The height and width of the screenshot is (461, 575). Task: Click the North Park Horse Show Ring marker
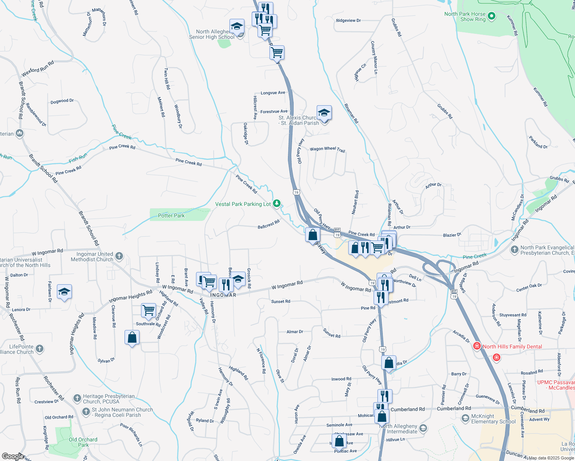point(491,17)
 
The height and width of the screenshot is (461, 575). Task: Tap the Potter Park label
point(171,216)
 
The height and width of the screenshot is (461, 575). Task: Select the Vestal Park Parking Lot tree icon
point(277,204)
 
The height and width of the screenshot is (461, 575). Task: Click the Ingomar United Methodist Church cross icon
point(119,256)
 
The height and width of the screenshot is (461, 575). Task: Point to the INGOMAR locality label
point(223,295)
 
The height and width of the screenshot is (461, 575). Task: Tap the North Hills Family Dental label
point(512,347)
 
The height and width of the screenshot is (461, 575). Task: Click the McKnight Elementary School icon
point(465,418)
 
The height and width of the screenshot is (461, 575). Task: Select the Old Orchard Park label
point(83,442)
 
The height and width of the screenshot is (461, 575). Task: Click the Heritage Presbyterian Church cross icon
point(77,398)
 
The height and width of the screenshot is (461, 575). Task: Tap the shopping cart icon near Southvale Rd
point(148,310)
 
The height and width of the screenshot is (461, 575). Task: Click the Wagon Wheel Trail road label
point(327,149)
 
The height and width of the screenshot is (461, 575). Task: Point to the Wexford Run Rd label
point(38,69)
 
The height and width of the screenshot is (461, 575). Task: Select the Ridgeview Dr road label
point(348,21)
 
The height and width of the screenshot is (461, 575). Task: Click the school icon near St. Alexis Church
point(324,113)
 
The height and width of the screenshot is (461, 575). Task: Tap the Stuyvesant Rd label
point(513,315)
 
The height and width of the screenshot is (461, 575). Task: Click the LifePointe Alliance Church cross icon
point(40,349)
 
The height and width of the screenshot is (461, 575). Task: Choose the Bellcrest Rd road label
point(269,224)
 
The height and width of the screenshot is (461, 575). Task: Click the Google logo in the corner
point(13,456)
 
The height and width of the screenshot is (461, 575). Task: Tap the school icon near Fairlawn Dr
point(64,292)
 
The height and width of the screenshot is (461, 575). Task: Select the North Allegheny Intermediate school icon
point(423,428)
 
